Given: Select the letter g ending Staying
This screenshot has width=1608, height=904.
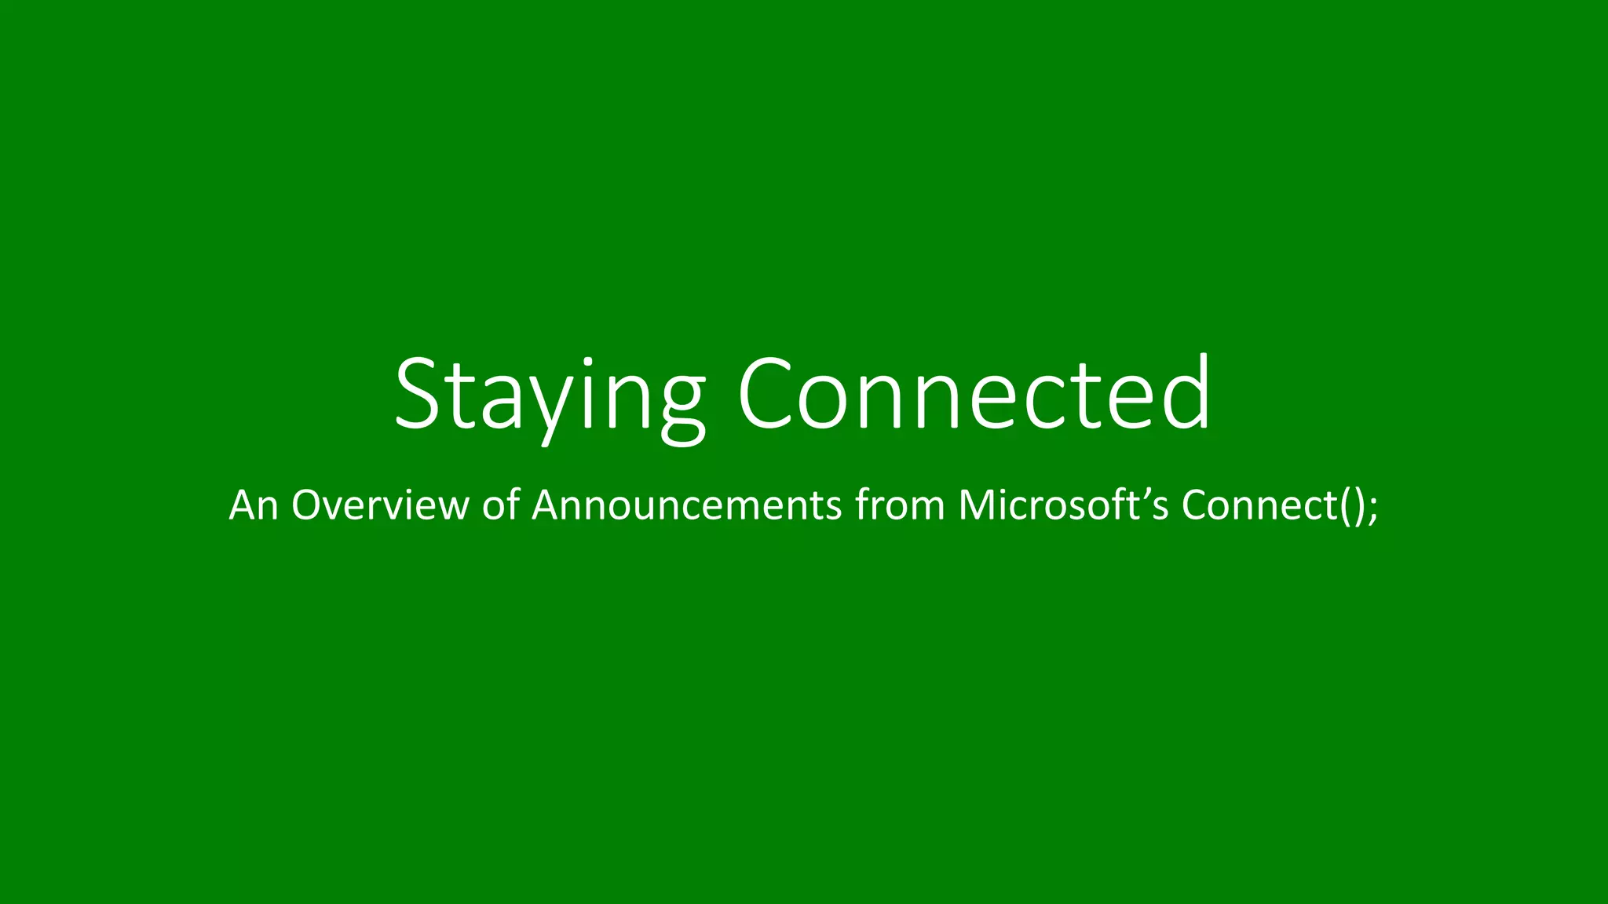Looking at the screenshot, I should [x=674, y=408].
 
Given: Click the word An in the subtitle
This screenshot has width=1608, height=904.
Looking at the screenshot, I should [x=254, y=505].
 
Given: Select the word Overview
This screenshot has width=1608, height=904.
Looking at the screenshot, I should [x=380, y=505].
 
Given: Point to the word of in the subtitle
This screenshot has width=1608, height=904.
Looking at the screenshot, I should [x=500, y=505].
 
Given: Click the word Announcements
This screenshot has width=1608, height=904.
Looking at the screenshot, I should [x=687, y=505].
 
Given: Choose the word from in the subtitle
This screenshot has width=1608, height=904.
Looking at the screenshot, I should [x=900, y=505].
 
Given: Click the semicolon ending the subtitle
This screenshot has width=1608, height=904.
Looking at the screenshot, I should [x=1372, y=508].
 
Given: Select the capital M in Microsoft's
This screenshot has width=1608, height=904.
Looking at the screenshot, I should [x=977, y=505].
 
